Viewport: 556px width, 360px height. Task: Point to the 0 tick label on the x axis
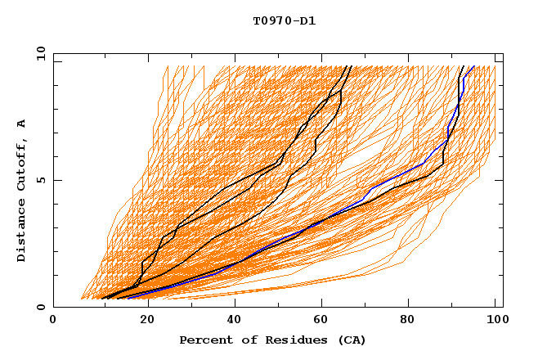[x=54, y=320]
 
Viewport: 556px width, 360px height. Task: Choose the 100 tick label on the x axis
[x=495, y=320]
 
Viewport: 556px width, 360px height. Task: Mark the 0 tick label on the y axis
[x=41, y=307]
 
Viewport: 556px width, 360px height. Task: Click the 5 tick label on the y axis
[x=41, y=180]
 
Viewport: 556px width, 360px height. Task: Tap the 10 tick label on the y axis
[x=38, y=53]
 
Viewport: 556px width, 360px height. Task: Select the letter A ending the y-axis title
[x=22, y=123]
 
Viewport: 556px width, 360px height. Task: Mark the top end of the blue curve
[x=473, y=66]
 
